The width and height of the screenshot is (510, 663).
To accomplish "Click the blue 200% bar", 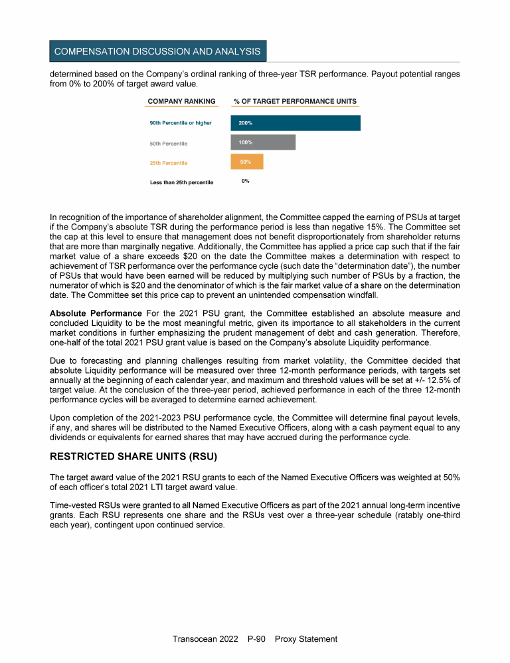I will [295, 123].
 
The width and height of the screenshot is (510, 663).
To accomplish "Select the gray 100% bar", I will [262, 142].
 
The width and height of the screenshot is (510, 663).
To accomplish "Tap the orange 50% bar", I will [246, 162].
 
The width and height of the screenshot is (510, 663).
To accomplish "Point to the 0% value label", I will [245, 181].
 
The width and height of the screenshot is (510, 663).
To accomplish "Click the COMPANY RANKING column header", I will [181, 102].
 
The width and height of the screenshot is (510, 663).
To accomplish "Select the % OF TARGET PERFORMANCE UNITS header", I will [295, 102].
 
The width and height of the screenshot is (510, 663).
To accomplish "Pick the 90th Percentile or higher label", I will [181, 123].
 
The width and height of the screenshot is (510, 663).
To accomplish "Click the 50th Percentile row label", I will [169, 143].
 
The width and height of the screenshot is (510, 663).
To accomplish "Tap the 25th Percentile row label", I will [169, 163].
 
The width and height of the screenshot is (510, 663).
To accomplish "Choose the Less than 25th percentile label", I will [181, 183].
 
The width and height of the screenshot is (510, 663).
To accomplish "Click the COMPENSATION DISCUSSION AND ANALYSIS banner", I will [157, 51].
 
